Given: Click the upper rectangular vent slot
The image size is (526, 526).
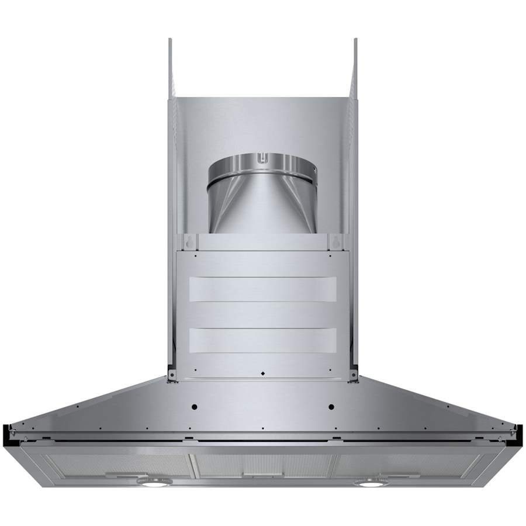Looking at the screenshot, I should [x=262, y=289].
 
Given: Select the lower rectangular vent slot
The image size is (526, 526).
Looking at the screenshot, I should [x=262, y=340].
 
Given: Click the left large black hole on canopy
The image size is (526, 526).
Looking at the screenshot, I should [x=195, y=407].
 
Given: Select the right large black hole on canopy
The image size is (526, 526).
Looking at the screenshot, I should [x=331, y=407].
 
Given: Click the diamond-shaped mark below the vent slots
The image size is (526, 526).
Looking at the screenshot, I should [x=262, y=373].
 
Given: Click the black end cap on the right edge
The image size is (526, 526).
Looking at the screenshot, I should [x=521, y=432].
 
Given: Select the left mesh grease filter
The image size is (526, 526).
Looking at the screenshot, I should [x=117, y=465].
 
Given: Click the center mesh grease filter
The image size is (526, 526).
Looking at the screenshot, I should [x=262, y=465].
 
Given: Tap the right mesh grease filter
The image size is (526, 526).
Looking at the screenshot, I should [x=409, y=465].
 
